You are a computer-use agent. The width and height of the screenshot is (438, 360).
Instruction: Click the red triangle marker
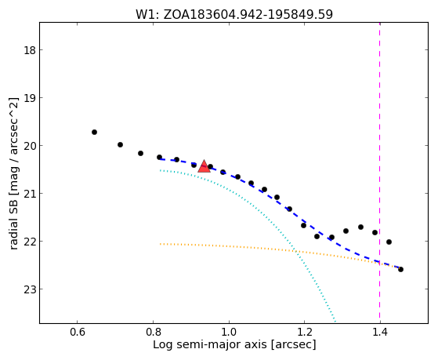point(204,166)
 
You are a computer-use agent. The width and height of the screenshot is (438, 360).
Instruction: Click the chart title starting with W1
point(234,15)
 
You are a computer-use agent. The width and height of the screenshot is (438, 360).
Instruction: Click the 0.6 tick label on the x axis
point(78,333)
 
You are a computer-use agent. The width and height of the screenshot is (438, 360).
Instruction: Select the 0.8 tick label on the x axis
point(153,333)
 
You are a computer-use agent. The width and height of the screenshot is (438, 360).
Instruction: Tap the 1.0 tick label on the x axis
point(229,333)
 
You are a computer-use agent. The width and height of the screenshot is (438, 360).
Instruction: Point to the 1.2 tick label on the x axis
point(304,333)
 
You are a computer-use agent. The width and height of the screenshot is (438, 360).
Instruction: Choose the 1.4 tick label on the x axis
point(380,333)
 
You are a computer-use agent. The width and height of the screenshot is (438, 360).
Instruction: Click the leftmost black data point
point(94,132)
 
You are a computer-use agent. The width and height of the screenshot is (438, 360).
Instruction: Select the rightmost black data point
point(400,269)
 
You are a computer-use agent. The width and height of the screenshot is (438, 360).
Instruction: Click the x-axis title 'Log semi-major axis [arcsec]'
point(234,345)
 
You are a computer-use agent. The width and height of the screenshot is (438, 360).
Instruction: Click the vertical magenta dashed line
point(379,173)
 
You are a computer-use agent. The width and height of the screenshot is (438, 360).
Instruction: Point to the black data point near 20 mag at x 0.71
point(120,144)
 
